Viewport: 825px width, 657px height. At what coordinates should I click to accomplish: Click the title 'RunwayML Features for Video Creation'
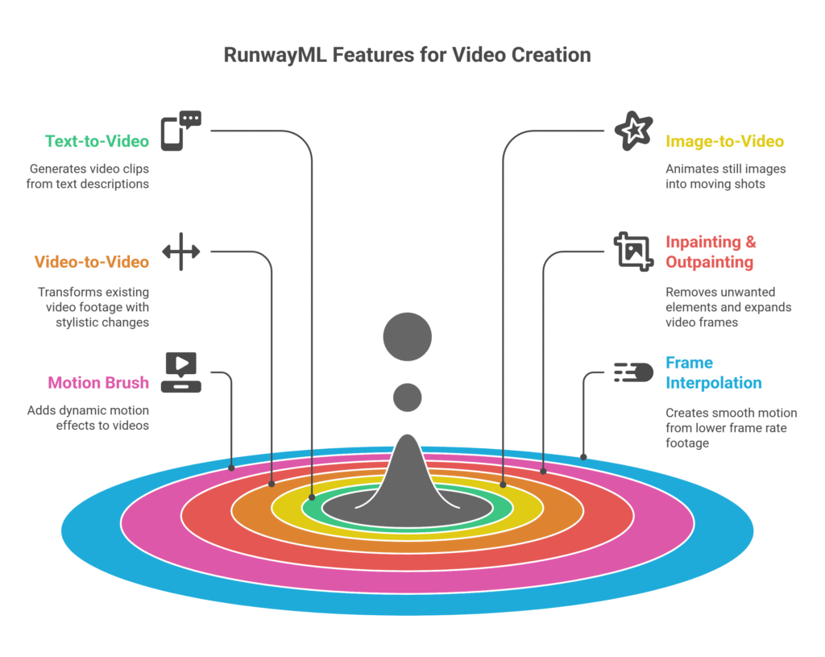coord(407,55)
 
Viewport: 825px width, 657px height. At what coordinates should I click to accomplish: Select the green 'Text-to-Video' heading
coord(97,141)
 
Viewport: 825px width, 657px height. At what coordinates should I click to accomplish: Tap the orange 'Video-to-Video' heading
coord(91,262)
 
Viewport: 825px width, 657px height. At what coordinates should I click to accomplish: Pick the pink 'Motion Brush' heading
coord(98,383)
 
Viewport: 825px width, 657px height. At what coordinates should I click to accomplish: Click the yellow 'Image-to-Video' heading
coord(724,141)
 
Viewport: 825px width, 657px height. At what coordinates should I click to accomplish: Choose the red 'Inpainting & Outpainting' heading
coord(710,252)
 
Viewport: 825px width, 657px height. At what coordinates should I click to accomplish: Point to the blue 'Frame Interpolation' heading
coord(713,372)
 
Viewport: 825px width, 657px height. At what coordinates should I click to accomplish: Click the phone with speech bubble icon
coord(180,131)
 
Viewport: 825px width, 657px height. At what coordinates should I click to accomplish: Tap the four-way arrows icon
coord(180,252)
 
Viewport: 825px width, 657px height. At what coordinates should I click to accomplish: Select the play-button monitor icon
coord(180,372)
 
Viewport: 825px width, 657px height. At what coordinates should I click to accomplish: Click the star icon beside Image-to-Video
coord(633,131)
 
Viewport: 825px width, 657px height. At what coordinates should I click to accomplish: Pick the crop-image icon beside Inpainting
coord(633,251)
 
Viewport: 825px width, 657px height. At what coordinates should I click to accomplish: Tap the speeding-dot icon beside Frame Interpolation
coord(633,372)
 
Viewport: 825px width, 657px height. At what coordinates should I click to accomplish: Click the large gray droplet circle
coord(408,336)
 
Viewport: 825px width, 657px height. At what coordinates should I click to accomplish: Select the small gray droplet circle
coord(408,397)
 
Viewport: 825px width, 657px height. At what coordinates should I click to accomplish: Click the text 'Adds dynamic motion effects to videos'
coord(89,418)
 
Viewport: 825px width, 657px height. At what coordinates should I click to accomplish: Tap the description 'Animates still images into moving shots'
coord(725,176)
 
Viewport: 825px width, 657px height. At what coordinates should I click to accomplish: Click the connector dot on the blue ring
coord(583,457)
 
